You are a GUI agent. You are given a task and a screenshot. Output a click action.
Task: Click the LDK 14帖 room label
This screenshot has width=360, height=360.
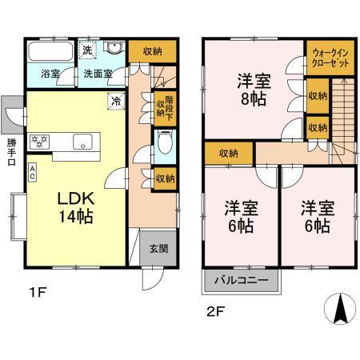(x=70, y=206)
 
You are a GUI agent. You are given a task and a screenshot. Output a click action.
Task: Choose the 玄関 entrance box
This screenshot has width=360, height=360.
(x=158, y=249)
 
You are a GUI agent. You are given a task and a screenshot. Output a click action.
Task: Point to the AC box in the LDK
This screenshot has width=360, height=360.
(x=31, y=171)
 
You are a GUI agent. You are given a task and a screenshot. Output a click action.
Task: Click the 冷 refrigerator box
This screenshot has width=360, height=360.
(x=116, y=102)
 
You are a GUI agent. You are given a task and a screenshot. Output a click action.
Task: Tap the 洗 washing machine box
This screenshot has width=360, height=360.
(x=90, y=50)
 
